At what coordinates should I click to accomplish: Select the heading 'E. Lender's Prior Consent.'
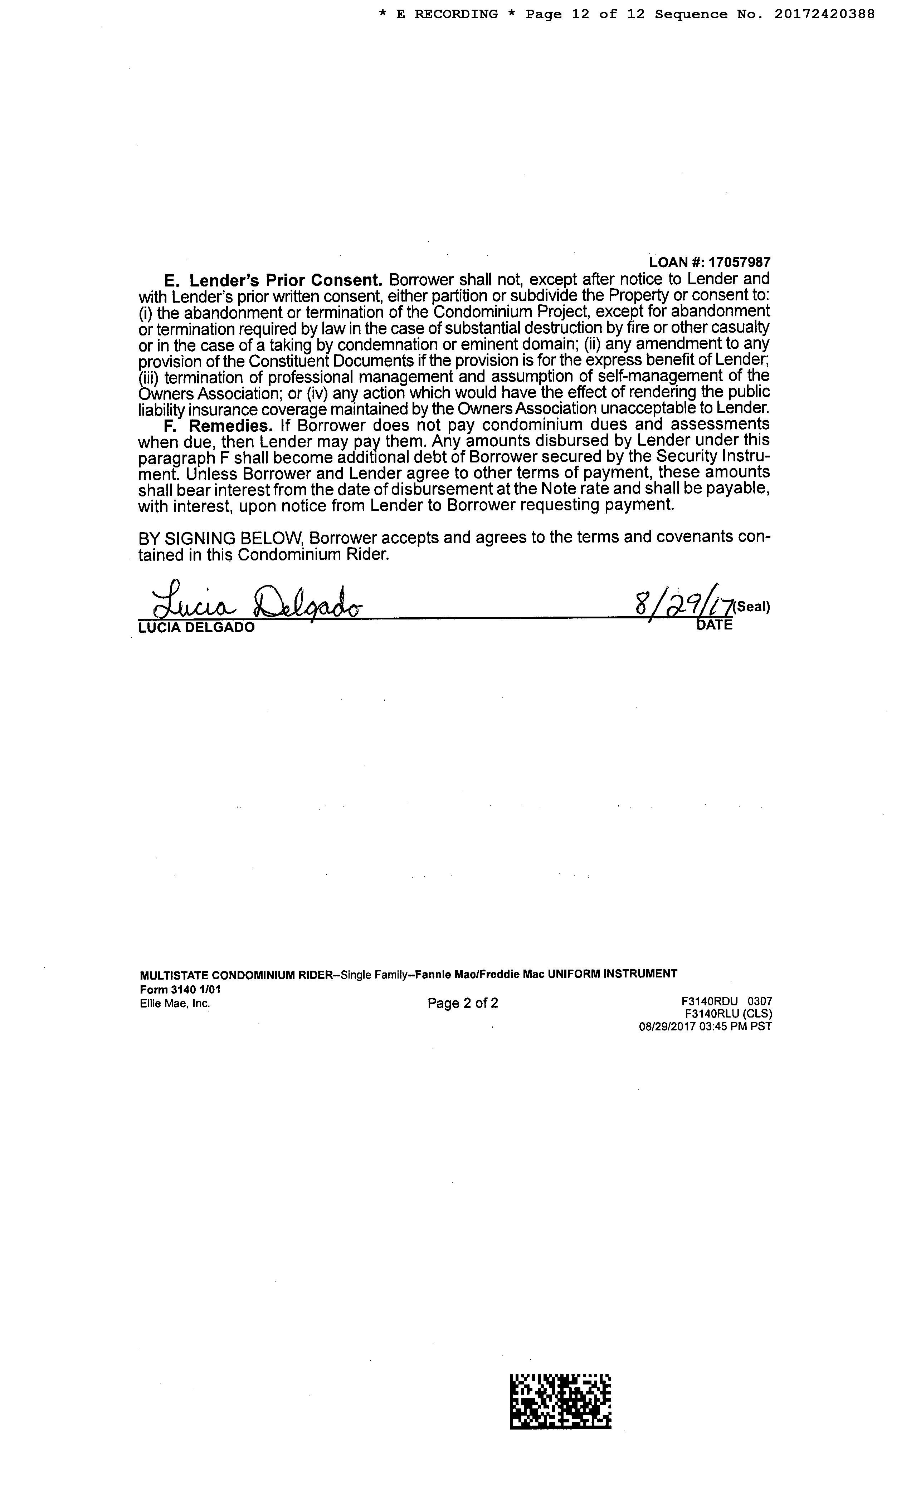(x=273, y=280)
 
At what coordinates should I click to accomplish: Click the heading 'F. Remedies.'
(x=218, y=425)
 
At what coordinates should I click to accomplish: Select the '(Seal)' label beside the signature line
(x=752, y=607)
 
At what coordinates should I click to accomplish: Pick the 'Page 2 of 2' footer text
(x=463, y=1003)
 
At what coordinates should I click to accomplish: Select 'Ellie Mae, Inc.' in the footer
(x=175, y=1003)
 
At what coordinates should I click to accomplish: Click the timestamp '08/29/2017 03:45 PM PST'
(x=705, y=1026)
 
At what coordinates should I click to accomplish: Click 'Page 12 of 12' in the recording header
(x=585, y=14)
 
